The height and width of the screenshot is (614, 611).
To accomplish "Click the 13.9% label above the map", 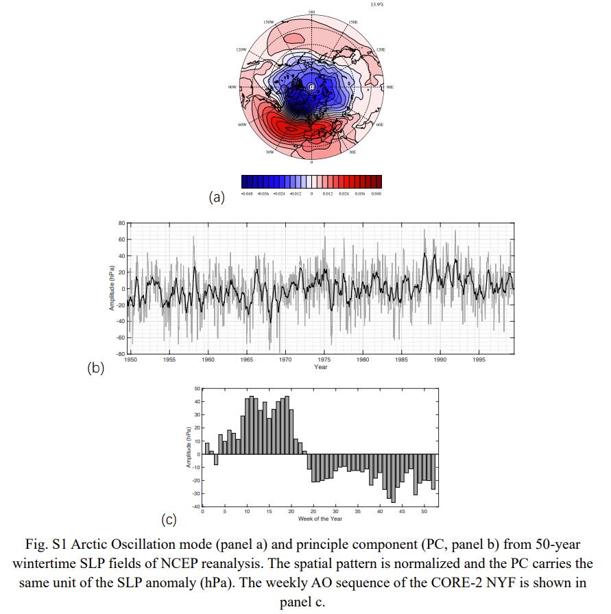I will point(376,4).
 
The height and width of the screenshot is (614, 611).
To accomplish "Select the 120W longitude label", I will point(241,50).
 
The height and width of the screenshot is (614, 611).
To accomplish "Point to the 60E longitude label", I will point(380,125).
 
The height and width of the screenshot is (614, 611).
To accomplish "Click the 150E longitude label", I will point(354,22).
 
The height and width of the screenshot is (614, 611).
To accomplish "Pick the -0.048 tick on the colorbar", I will point(248,193).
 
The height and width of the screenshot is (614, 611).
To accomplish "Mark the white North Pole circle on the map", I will point(311,87).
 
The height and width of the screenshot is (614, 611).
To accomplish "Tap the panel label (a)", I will point(217,198).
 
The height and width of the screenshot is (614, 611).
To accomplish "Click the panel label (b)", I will point(95,368).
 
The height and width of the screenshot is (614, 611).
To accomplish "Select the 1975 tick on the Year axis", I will point(321,359).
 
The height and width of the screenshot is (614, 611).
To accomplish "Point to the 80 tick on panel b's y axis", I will point(121,224).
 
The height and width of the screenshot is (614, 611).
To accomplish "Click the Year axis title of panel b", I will point(321,367).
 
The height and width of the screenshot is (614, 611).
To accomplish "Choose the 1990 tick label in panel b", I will point(440,359).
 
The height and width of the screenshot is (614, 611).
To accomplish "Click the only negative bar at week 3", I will point(216,459).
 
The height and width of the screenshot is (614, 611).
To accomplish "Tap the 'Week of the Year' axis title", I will point(321,519).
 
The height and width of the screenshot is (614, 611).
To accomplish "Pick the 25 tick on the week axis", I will point(313,512).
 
